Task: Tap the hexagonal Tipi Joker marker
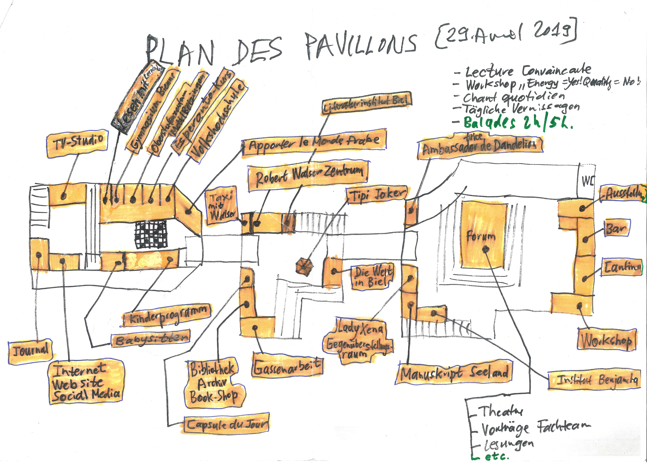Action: [x=304, y=266]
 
